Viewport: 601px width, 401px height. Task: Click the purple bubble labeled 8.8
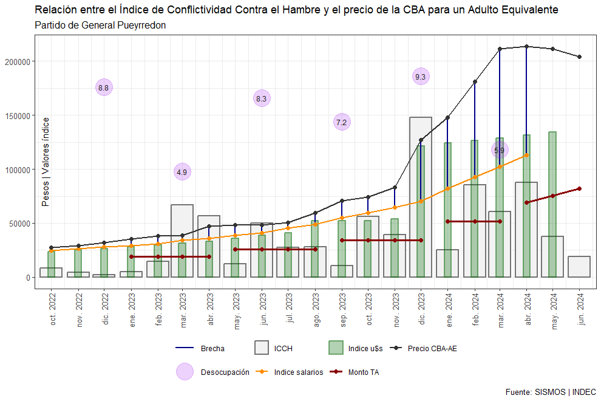coord(104,87)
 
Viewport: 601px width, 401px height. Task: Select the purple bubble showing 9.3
coord(421,77)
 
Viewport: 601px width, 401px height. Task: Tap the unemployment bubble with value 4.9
coord(182,172)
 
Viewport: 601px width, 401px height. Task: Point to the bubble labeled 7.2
coord(342,122)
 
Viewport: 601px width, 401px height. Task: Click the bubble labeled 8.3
coord(262,98)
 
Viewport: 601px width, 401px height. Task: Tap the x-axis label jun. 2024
coord(580,312)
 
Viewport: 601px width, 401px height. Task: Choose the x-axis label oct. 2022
coord(53,312)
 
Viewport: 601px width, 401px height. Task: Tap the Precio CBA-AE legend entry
coord(432,348)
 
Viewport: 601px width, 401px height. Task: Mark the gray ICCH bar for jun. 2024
coord(579,267)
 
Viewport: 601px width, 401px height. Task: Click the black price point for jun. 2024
coord(579,57)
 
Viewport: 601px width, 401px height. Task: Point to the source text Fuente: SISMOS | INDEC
coord(550,392)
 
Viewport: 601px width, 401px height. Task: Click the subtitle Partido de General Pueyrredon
coord(101,26)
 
